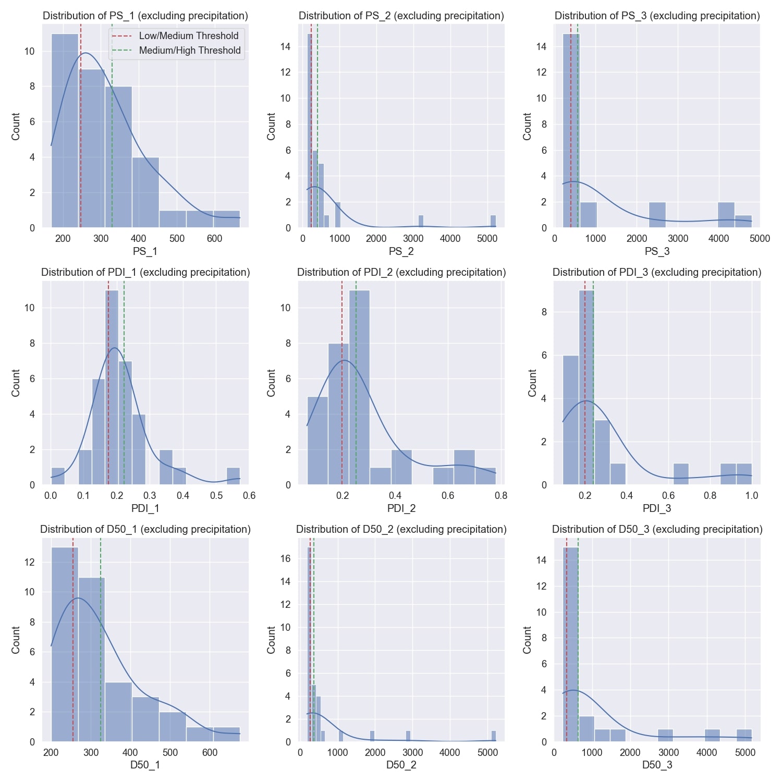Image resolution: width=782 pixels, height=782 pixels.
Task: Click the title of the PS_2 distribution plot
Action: pyautogui.click(x=401, y=16)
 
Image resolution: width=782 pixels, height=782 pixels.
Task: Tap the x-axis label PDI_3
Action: pyautogui.click(x=657, y=508)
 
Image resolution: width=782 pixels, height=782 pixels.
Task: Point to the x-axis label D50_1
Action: pyautogui.click(x=145, y=765)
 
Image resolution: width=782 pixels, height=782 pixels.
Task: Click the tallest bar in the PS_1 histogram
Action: pyautogui.click(x=65, y=130)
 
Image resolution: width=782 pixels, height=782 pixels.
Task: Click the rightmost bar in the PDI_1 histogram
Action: pyautogui.click(x=233, y=476)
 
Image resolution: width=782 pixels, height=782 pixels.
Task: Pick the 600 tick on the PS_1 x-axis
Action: pyautogui.click(x=214, y=238)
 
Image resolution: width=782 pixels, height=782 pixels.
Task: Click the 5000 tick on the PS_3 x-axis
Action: pyautogui.click(x=760, y=238)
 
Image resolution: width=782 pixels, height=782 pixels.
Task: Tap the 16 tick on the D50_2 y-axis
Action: pyautogui.click(x=285, y=558)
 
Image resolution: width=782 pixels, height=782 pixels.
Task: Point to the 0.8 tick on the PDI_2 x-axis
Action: pyautogui.click(x=500, y=495)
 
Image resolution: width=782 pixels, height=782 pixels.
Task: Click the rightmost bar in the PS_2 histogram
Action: pyautogui.click(x=493, y=222)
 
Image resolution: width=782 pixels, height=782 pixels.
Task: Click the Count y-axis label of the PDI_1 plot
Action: pyautogui.click(x=16, y=383)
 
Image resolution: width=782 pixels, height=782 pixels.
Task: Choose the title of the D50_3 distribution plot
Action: pyautogui.click(x=657, y=529)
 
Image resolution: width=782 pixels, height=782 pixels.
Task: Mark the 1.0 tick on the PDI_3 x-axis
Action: pyautogui.click(x=751, y=495)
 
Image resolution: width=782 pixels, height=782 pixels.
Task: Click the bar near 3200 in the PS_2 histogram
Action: pyautogui.click(x=421, y=222)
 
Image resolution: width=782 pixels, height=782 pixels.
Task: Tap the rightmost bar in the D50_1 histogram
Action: pyautogui.click(x=226, y=734)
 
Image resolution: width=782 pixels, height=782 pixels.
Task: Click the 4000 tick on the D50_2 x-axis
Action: pyautogui.click(x=449, y=752)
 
